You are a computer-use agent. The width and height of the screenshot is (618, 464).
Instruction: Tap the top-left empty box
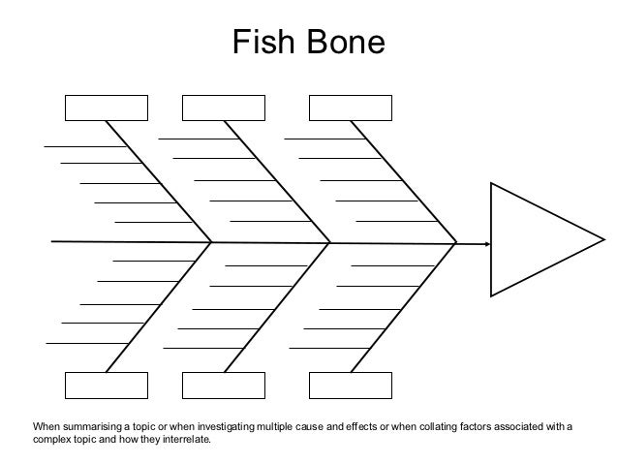pyautogui.click(x=107, y=108)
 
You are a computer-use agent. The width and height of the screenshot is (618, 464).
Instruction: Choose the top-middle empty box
pyautogui.click(x=224, y=108)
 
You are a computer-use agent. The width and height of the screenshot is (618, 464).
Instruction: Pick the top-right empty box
pyautogui.click(x=350, y=108)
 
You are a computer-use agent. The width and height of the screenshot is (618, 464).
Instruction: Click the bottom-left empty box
pyautogui.click(x=107, y=385)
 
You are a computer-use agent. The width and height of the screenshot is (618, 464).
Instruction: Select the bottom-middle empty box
pyautogui.click(x=224, y=385)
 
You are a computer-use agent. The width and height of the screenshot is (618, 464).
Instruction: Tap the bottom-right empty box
pyautogui.click(x=350, y=385)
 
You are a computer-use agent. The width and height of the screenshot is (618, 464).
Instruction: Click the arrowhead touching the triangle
pyautogui.click(x=483, y=244)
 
